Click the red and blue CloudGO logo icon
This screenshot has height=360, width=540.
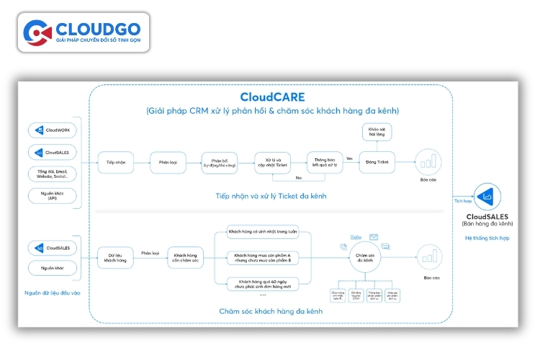point(37,32)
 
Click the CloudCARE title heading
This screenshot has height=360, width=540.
point(272,96)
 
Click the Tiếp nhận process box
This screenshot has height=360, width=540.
point(116,162)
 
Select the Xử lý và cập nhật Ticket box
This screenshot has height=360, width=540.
point(272,162)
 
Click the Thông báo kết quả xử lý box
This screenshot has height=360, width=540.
point(324,162)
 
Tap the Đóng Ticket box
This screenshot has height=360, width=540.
point(377,162)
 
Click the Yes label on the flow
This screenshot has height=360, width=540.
point(349,158)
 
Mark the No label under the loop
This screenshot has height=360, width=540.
point(298,176)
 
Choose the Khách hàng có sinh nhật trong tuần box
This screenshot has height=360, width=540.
point(262,231)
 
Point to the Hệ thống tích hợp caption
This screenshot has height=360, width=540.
point(487,238)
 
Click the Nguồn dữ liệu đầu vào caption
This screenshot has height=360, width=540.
point(52,293)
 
